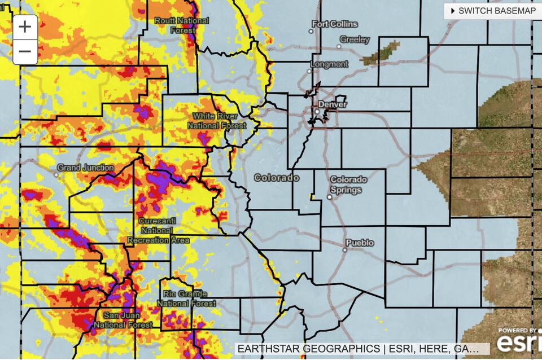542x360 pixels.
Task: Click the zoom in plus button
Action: coord(25,27)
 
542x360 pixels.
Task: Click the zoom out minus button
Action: coord(25,52)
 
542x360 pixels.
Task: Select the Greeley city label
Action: coord(355,39)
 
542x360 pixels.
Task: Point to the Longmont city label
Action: coord(331,64)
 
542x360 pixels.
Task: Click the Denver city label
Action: coord(333,104)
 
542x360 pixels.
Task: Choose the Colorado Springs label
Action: coord(348,185)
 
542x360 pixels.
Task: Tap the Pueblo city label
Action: coord(360,243)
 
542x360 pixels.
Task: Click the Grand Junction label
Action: coord(86,168)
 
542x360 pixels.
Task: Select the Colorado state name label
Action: coord(276,178)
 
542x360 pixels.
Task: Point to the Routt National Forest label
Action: coord(182,25)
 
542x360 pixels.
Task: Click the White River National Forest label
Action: coord(217,121)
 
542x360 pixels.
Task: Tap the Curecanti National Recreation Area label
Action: coord(158,230)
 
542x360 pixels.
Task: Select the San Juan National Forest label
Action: coord(123,320)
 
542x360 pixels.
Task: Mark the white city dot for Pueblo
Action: coord(344,249)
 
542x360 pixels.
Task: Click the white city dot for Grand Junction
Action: coord(56,174)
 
